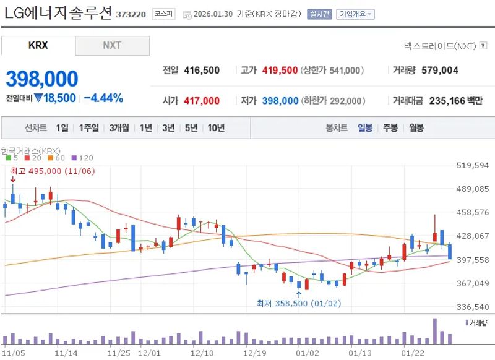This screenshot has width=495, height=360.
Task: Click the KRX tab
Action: [x=38, y=46]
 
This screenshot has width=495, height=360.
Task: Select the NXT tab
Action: [x=112, y=46]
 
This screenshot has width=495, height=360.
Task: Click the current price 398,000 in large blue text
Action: [x=42, y=79]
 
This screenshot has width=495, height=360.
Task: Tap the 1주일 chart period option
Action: [x=88, y=128]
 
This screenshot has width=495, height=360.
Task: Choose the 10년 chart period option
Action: [x=216, y=128]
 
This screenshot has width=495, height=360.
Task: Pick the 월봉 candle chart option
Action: [x=416, y=128]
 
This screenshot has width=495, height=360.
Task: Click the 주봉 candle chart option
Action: [x=390, y=128]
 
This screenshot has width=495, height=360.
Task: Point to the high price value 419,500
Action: [x=280, y=71]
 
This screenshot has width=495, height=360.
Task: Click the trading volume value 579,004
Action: [x=439, y=71]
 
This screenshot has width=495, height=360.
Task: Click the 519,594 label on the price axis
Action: [x=472, y=166]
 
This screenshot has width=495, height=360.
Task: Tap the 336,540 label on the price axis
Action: [x=472, y=307]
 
